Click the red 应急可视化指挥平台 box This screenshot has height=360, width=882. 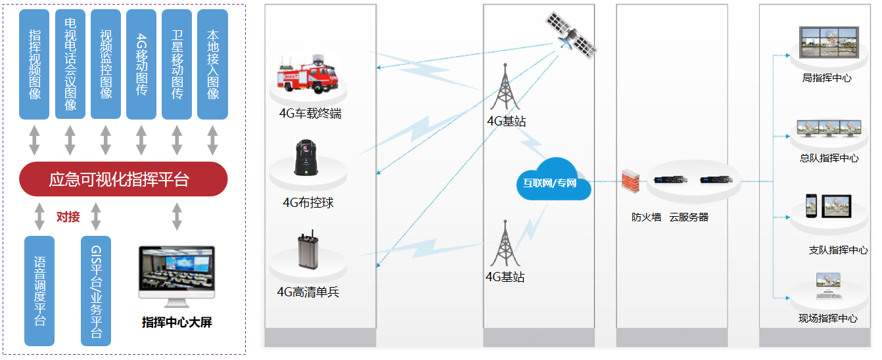coord(123,179)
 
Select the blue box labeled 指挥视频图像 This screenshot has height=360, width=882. coord(34,64)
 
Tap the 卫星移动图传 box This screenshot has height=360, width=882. coord(177,64)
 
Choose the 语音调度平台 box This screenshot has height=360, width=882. coord(39,290)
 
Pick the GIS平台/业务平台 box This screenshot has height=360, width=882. coord(96,290)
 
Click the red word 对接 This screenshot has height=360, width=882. coord(68,216)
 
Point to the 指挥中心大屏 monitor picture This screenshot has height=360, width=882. coord(176,276)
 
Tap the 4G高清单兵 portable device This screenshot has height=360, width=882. coord(306,252)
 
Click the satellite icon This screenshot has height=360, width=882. coord(570,34)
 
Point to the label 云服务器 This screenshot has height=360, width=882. coord(689,217)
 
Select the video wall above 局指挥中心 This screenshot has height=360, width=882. coord(827,44)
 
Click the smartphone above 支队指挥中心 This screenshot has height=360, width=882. coord(810,206)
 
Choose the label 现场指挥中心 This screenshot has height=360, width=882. coord(827,319)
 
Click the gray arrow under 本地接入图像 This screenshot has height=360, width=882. coord(212,140)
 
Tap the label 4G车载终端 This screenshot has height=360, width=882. coord(310,114)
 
